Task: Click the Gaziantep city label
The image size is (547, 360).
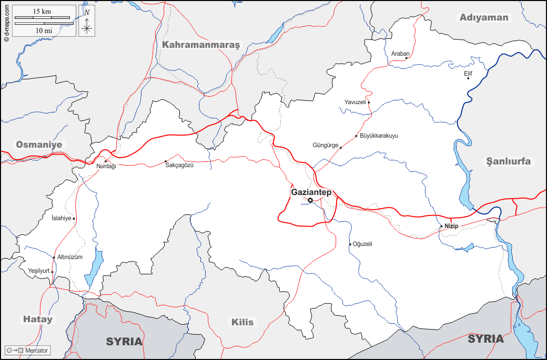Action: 311,192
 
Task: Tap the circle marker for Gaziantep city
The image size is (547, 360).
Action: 310,200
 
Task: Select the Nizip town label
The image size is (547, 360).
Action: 451,226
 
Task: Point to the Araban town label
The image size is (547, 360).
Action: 400,53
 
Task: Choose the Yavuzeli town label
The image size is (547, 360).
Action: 354,102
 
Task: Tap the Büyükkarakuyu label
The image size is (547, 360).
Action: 379,136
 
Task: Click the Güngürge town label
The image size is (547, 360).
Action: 326,145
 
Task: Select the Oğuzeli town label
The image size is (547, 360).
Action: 363,244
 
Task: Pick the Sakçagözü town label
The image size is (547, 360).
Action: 183,166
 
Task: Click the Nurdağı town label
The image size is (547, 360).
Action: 106,167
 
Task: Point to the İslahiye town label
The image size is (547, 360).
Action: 60,218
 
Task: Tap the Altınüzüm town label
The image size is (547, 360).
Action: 70,256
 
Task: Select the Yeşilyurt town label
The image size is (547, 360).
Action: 38,271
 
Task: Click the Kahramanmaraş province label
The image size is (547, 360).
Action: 200,45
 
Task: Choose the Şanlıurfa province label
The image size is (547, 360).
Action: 508,161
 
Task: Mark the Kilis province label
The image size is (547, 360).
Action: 242,322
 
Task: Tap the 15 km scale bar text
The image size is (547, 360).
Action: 42,11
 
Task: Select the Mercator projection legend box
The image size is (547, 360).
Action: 28,350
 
